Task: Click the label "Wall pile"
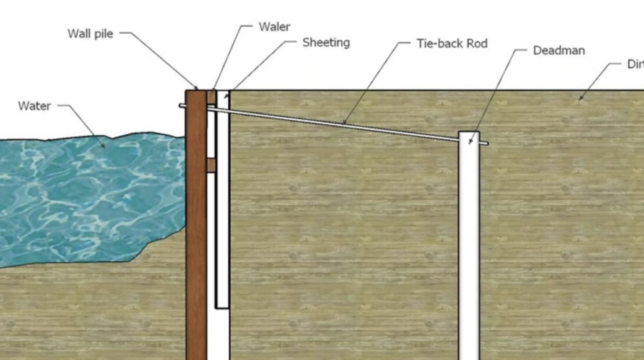[x=90, y=34]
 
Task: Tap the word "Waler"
[x=274, y=27]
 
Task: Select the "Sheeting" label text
[x=326, y=42]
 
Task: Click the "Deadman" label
[x=559, y=51]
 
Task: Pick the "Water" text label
[x=34, y=106]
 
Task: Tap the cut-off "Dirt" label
[x=635, y=64]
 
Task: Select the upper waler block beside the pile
[x=211, y=97]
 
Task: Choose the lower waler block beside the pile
[x=211, y=165]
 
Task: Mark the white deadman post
[x=469, y=246]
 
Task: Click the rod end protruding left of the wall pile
[x=182, y=105]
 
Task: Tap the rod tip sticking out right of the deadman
[x=485, y=143]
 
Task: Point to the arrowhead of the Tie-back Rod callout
[x=344, y=124]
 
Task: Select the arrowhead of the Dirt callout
[x=581, y=98]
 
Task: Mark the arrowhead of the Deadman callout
[x=470, y=142]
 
